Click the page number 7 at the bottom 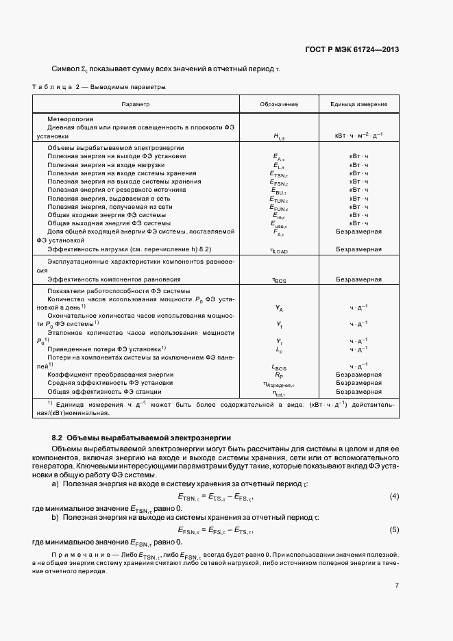pos(397,586)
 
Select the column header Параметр pos(136,104)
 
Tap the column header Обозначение pos(279,104)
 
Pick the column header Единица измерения pos(358,104)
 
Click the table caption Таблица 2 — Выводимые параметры pos(99,87)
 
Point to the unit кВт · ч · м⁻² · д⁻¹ pos(358,136)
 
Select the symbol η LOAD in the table pos(279,251)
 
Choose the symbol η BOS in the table pos(279,280)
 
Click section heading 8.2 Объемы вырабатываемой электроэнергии pos(142,437)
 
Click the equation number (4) pos(394,496)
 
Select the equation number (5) pos(394,529)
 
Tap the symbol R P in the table pos(279,375)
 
